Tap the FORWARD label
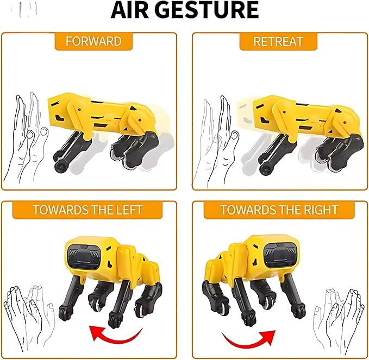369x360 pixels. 93,41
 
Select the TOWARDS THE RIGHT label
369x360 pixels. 279,210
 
